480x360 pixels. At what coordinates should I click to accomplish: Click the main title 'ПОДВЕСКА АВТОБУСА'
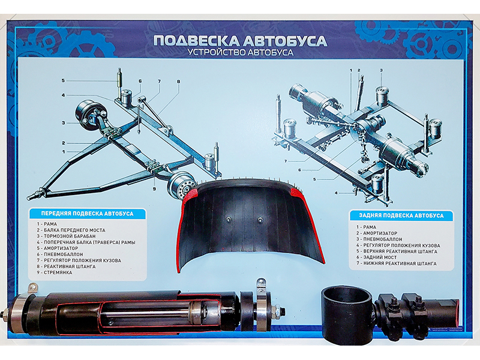[x=240, y=41]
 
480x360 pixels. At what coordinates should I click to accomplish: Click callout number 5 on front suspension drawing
[x=62, y=80]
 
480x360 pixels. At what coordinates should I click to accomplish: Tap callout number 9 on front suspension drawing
[x=154, y=190]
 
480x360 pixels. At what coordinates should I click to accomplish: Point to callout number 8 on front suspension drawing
[x=178, y=81]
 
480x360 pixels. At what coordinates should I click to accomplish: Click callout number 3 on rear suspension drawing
[x=380, y=70]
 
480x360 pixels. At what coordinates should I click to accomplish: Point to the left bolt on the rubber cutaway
[x=229, y=220]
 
